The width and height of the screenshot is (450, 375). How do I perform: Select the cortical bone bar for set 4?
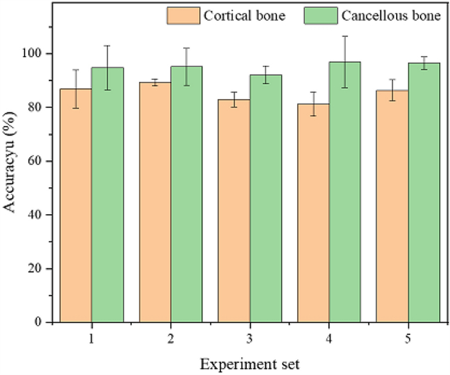[313, 213]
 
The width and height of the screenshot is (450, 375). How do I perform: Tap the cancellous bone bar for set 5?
[424, 192]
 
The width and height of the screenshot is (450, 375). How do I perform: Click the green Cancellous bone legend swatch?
[320, 15]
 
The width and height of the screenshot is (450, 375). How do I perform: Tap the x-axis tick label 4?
[329, 337]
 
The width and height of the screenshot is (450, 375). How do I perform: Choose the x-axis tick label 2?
[170, 337]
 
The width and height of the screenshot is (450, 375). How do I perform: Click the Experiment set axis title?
[249, 364]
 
